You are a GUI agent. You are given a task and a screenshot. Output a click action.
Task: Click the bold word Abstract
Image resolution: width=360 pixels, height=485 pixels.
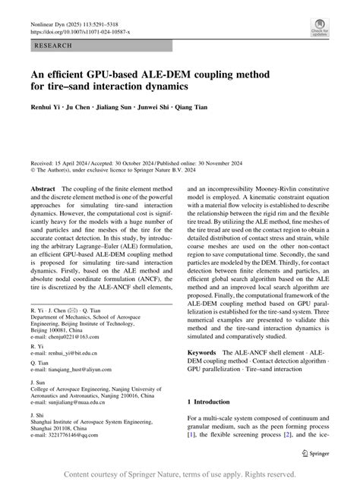(43, 187)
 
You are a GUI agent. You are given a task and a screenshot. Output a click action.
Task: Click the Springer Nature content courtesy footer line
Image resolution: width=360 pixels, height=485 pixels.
(180, 474)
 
